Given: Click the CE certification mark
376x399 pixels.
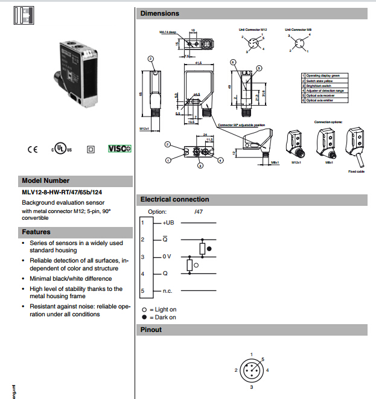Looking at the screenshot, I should [33, 148].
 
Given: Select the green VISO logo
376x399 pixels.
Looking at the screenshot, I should [119, 148].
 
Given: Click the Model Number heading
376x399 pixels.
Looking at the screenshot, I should [45, 180].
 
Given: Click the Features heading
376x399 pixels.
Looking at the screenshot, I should [36, 232].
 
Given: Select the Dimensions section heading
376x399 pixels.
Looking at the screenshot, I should [159, 13].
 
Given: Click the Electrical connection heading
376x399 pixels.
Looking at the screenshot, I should [174, 199].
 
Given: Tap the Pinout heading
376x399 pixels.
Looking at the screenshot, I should [151, 330].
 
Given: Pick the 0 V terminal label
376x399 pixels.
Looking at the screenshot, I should [167, 257].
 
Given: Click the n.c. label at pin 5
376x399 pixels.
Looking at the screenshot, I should [168, 292].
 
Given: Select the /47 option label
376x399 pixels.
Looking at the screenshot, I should [199, 212].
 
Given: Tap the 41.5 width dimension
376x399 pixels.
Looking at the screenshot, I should [199, 61].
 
